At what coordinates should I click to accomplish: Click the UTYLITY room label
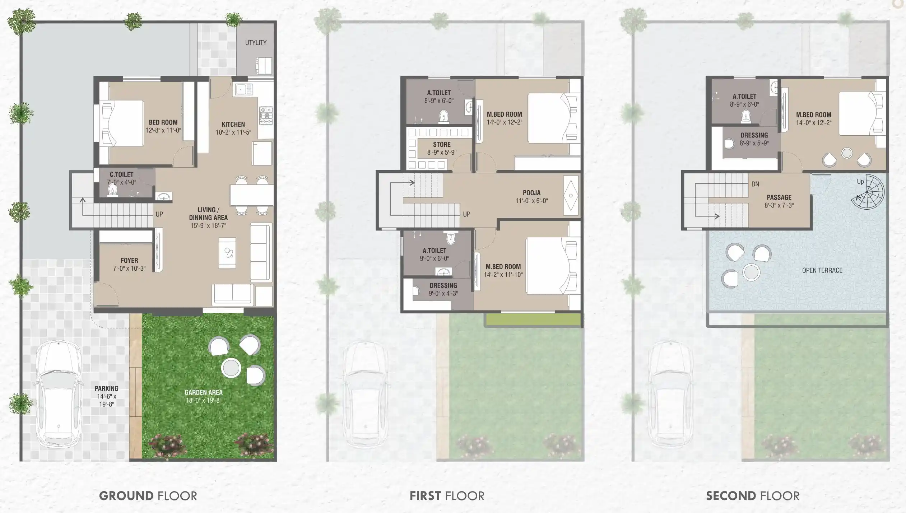(x=256, y=43)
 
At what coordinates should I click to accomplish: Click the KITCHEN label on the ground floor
(x=233, y=124)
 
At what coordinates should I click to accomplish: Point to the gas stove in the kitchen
(x=266, y=116)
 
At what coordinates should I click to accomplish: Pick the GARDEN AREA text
(x=203, y=392)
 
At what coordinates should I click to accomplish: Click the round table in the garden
(x=231, y=367)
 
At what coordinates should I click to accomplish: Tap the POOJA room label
(x=531, y=193)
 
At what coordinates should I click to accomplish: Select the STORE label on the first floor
(x=442, y=144)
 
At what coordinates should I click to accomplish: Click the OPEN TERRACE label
(x=822, y=270)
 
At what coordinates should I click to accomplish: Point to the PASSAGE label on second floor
(x=779, y=197)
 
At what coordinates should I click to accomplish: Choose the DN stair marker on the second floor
(x=755, y=184)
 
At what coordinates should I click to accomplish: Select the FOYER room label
(x=129, y=260)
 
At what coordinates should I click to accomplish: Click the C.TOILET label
(x=121, y=174)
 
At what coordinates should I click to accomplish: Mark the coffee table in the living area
(x=228, y=253)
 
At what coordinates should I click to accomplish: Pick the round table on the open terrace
(x=751, y=272)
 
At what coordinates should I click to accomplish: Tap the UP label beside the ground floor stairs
(x=159, y=214)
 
